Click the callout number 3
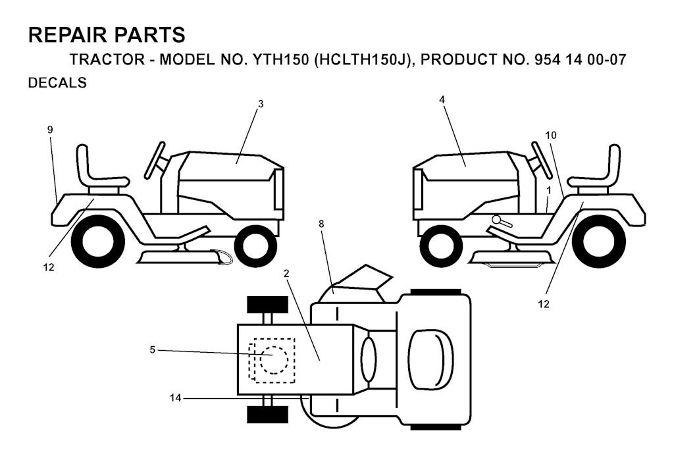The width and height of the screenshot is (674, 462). [261, 104]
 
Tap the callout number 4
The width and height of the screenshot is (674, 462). [442, 100]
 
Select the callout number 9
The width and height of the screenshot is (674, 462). [50, 130]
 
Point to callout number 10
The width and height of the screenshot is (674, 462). [551, 136]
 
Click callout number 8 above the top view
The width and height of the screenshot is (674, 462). [321, 224]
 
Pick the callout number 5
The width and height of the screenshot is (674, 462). [152, 350]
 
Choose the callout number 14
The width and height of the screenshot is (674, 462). [175, 398]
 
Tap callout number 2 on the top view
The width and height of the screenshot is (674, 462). [286, 273]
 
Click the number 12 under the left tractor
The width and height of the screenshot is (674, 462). [49, 267]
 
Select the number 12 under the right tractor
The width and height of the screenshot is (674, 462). [544, 304]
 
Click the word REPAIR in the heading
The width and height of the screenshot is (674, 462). [64, 35]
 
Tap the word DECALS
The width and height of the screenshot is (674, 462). [57, 82]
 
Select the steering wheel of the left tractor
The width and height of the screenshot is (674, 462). [156, 159]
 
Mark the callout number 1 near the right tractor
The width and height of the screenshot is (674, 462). [549, 190]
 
